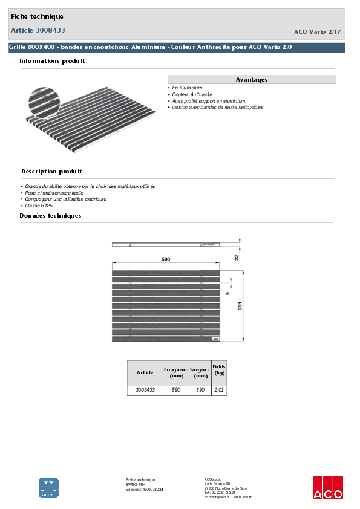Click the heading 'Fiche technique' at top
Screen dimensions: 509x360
(x=37, y=16)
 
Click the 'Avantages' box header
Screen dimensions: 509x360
(x=251, y=80)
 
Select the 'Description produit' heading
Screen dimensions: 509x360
(x=51, y=172)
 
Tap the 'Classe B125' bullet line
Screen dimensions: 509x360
(x=38, y=206)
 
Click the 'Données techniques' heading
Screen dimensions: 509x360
(x=50, y=216)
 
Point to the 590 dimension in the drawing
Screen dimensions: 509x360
(x=165, y=259)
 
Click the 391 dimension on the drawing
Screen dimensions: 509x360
(x=240, y=306)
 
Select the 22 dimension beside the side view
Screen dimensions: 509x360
(x=237, y=257)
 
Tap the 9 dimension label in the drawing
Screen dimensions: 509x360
(x=227, y=293)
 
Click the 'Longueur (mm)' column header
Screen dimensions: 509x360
(x=175, y=372)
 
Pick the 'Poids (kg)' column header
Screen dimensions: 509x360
(x=218, y=370)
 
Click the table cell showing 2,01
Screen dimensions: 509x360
(x=218, y=391)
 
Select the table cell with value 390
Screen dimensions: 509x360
(x=199, y=391)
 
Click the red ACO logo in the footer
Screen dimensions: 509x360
(x=327, y=487)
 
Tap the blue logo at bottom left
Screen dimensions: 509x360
(x=49, y=487)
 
